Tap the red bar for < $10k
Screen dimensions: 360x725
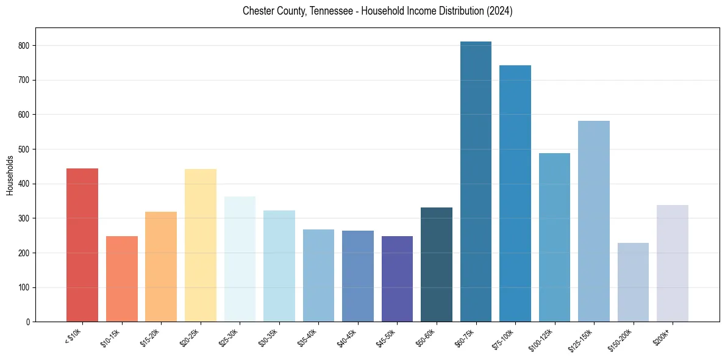[82, 245]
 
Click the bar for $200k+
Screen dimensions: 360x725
[672, 263]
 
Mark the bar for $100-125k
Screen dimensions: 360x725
[554, 237]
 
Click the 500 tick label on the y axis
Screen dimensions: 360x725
[27, 149]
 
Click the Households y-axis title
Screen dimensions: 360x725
[10, 175]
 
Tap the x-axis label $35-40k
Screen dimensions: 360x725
[309, 337]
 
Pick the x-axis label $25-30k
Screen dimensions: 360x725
[230, 337]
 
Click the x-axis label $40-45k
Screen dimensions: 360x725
[348, 337]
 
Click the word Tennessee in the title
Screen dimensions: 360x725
[320, 12]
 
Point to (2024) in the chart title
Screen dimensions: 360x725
[499, 12]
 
